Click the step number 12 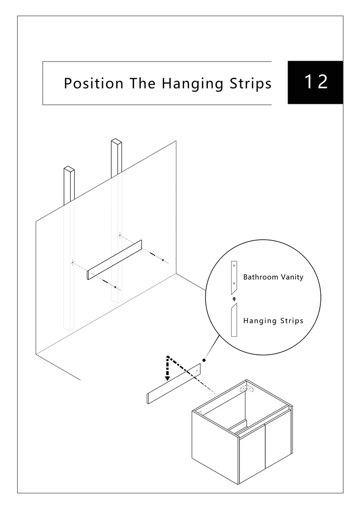click(316, 82)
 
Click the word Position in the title click(94, 83)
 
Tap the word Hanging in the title click(193, 84)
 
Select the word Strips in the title click(251, 84)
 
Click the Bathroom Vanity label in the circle click(273, 277)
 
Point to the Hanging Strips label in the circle click(273, 321)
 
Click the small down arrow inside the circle click(234, 299)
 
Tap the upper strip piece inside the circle click(234, 277)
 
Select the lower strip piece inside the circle click(234, 320)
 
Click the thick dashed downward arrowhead click(167, 378)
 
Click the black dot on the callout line click(204, 360)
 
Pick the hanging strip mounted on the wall click(115, 260)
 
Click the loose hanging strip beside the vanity click(174, 384)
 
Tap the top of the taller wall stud click(116, 142)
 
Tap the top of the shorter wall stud click(69, 169)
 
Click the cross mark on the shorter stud click(72, 262)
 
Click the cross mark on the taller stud click(120, 235)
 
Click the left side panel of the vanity click(215, 447)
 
